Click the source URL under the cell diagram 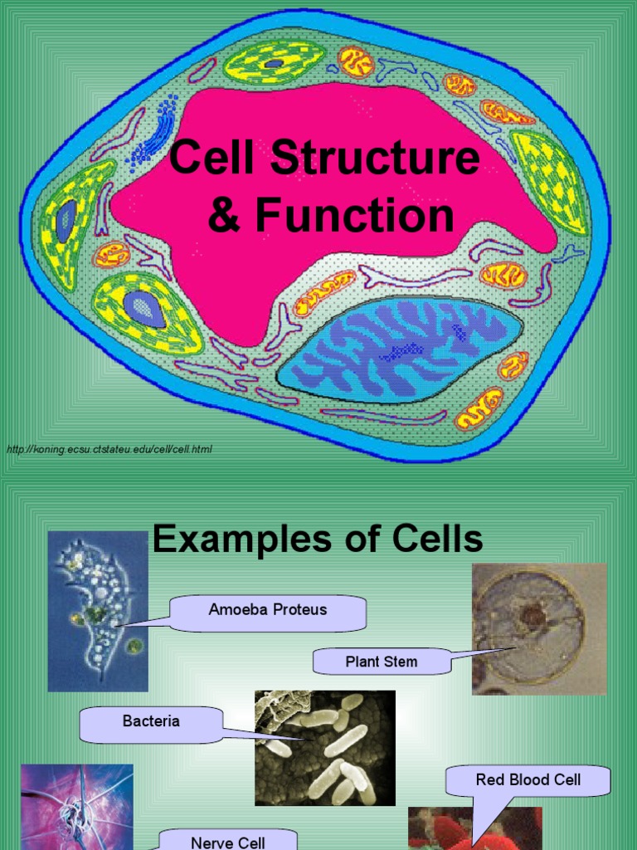(x=109, y=449)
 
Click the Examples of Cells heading (x=318, y=540)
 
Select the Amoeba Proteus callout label (x=268, y=610)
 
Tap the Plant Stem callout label (x=381, y=662)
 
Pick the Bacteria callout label (x=151, y=721)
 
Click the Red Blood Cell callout (x=528, y=780)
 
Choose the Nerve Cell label (x=228, y=840)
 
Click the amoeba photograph (x=98, y=611)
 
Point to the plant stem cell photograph (x=539, y=628)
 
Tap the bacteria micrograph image (x=324, y=748)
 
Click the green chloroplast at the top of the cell (x=274, y=62)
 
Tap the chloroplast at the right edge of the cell (x=549, y=181)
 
